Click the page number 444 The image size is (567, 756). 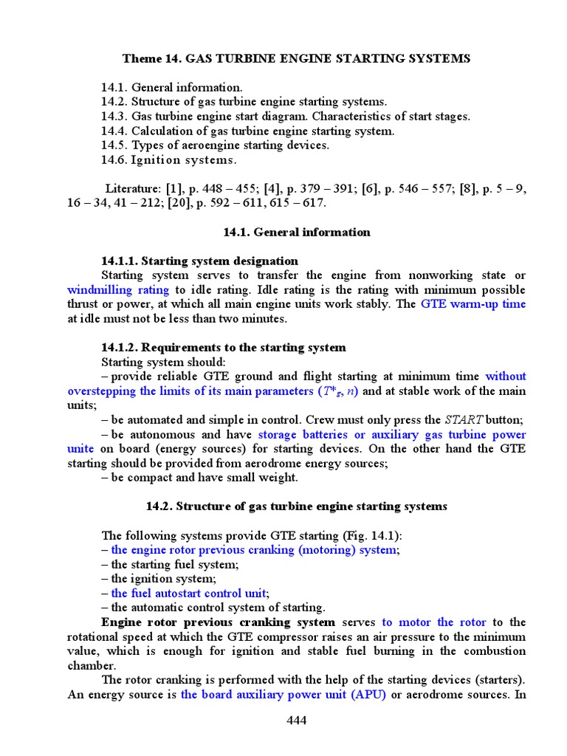coord(296,720)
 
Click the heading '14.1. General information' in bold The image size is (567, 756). coord(297,232)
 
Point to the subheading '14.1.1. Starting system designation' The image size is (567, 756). coord(199,261)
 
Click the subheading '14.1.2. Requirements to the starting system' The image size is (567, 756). coord(223,347)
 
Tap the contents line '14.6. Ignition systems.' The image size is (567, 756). coord(169,159)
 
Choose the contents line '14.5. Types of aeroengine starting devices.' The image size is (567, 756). coord(215,145)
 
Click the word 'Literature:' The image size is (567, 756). coord(133,188)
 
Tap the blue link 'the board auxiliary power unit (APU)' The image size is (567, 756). coord(283,694)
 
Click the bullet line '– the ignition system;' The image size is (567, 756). coord(158,579)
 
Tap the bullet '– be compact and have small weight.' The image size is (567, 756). coord(199,477)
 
